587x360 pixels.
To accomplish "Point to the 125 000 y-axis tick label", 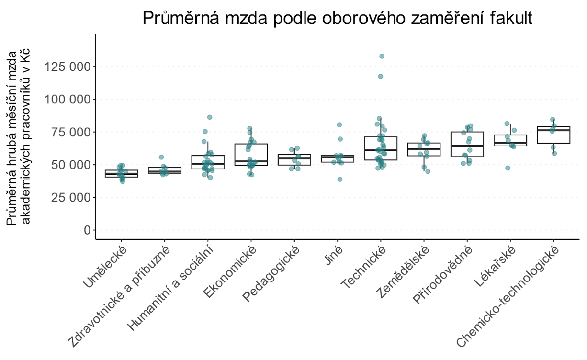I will click(67, 67).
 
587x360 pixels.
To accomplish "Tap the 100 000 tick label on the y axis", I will click(67, 99).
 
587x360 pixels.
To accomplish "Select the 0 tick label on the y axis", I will click(86, 230).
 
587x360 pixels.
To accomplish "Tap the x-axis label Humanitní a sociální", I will click(170, 288).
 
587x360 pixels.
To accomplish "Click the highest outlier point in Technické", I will click(382, 56).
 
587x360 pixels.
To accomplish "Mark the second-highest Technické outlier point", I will click(380, 76).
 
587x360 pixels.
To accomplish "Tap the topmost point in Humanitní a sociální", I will click(209, 117).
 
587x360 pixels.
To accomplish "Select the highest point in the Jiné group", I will click(339, 125).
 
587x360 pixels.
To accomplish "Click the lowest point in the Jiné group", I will click(339, 180).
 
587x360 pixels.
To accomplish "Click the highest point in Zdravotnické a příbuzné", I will click(161, 157).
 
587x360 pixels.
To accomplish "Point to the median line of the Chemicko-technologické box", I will click(553, 130).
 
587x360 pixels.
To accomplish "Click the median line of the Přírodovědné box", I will click(467, 146).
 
